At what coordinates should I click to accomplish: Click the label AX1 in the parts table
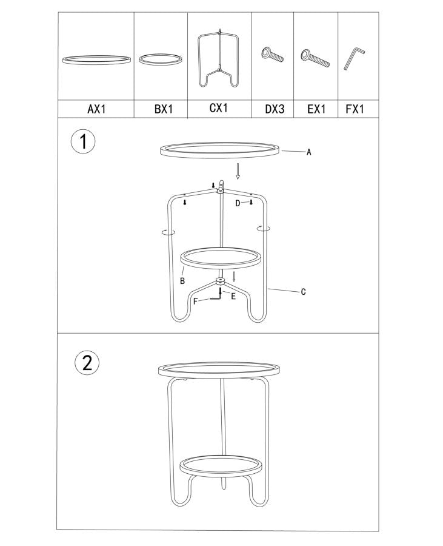[x=97, y=109]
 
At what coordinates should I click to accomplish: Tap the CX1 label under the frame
[x=218, y=109]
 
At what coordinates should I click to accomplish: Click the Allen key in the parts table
[x=353, y=59]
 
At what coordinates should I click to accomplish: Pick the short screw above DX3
[x=273, y=56]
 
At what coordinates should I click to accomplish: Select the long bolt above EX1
[x=315, y=58]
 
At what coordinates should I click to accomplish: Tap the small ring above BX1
[x=160, y=59]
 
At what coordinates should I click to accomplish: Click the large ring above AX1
[x=96, y=59]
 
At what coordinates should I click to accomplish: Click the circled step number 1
[x=84, y=143]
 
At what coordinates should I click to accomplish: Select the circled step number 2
[x=87, y=363]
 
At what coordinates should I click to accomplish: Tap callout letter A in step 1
[x=308, y=152]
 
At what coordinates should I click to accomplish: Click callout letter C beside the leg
[x=303, y=292]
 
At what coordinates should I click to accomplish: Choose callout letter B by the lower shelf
[x=181, y=281]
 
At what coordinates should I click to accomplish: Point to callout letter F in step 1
[x=195, y=301]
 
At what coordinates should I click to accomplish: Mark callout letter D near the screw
[x=238, y=203]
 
